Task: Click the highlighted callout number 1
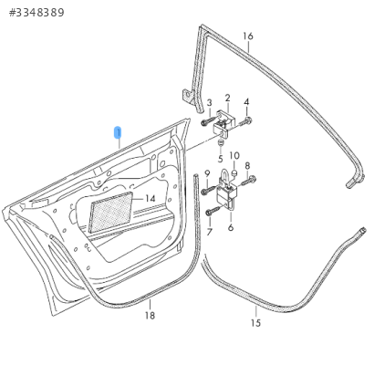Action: click(x=118, y=132)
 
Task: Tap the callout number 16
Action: click(x=248, y=36)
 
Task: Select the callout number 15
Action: click(x=255, y=323)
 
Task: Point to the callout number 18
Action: click(x=150, y=316)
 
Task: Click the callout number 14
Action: click(x=151, y=199)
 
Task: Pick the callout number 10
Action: click(x=234, y=156)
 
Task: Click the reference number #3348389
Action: click(x=36, y=13)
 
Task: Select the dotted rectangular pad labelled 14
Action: click(x=111, y=212)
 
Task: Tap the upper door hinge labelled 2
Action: click(x=224, y=123)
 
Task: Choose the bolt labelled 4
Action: click(x=245, y=121)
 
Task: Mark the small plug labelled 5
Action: click(x=220, y=142)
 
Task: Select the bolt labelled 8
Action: click(x=249, y=181)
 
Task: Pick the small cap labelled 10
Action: click(x=234, y=173)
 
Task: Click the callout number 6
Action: click(x=231, y=227)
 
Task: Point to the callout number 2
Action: click(x=228, y=98)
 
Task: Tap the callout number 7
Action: click(x=209, y=232)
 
